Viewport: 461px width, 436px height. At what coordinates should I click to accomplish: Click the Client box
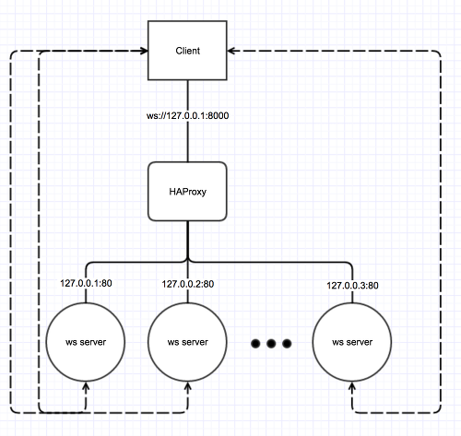[187, 51]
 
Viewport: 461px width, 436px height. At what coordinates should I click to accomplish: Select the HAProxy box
[187, 191]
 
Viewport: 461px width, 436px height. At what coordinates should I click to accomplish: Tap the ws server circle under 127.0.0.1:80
[86, 342]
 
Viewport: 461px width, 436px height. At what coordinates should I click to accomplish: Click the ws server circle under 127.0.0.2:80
[187, 342]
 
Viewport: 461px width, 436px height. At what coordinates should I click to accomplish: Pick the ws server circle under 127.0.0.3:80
[352, 342]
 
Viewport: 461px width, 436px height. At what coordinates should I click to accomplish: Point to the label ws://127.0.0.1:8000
[187, 116]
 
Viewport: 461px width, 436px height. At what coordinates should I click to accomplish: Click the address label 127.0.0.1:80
[86, 283]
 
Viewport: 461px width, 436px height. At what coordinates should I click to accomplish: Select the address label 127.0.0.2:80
[188, 284]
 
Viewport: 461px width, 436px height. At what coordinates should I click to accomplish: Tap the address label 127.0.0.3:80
[352, 286]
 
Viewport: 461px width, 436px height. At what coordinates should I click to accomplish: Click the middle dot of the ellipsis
[271, 344]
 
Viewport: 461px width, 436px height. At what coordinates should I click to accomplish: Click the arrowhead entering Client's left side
[145, 51]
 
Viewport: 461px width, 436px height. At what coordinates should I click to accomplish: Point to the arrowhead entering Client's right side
[230, 51]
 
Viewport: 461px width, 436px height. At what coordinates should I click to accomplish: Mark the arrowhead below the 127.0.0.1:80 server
[86, 385]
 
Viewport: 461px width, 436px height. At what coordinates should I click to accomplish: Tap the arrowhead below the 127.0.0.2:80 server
[188, 385]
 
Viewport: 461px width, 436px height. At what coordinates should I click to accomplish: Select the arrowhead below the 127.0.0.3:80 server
[352, 385]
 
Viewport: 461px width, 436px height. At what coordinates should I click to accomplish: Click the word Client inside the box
[187, 51]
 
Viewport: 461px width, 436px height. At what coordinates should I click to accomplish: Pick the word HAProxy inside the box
[187, 192]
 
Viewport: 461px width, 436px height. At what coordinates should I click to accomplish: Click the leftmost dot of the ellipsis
[255, 344]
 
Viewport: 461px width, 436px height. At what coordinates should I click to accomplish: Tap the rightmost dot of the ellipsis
[287, 344]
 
